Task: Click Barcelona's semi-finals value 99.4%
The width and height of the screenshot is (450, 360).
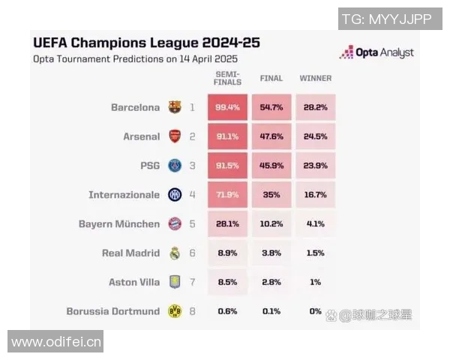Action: click(x=227, y=107)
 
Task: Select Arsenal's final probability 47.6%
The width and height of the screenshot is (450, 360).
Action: click(x=271, y=136)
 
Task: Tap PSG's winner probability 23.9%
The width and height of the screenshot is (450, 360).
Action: click(x=315, y=166)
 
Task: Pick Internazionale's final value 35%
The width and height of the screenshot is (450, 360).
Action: click(x=271, y=195)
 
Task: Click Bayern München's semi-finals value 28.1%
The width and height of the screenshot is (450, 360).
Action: click(x=227, y=223)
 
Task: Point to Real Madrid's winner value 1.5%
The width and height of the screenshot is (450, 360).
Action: click(x=315, y=253)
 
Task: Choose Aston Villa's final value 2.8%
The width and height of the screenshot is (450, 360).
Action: click(x=271, y=282)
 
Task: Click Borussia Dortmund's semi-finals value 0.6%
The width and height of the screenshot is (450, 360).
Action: click(x=227, y=311)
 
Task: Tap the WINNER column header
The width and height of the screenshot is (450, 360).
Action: click(x=315, y=78)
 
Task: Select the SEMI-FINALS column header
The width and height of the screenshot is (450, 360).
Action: click(x=227, y=78)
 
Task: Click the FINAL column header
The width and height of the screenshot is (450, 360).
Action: click(x=271, y=78)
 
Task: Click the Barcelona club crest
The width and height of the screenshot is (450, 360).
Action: click(x=175, y=107)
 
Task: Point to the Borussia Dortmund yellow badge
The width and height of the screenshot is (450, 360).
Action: click(x=175, y=311)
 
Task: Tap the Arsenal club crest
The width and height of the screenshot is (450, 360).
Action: click(x=175, y=136)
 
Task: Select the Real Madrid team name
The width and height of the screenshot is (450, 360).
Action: click(x=130, y=253)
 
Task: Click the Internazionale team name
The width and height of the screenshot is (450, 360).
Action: click(x=124, y=195)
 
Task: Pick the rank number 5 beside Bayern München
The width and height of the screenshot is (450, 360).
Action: click(x=192, y=223)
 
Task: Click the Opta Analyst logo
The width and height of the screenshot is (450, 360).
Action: click(x=376, y=52)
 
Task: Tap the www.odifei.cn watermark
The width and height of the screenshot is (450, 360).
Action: click(x=56, y=342)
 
